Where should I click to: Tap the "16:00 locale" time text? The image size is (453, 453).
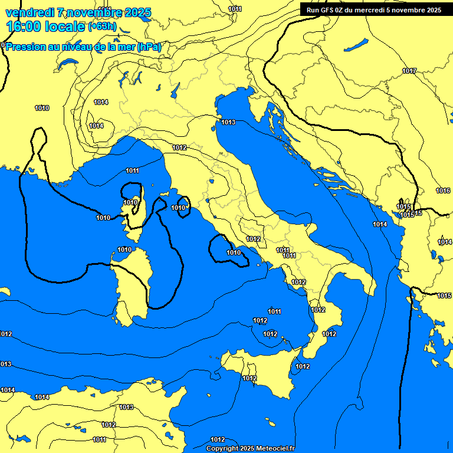(x=45, y=27)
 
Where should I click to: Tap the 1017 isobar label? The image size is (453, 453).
(x=409, y=71)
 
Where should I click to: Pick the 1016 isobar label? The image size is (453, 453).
(x=443, y=191)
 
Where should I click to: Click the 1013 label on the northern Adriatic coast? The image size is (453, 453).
(x=228, y=122)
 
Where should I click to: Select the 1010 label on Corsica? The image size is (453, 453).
(x=130, y=202)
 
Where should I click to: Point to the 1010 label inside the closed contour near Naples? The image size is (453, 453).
(x=234, y=252)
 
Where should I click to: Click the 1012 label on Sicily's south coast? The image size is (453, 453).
(x=250, y=378)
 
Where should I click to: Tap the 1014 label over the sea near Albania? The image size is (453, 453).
(x=380, y=224)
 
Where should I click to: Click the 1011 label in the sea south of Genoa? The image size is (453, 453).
(x=132, y=170)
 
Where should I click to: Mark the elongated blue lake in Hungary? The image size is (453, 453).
(x=356, y=45)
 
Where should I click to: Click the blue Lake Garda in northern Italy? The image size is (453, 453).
(x=176, y=90)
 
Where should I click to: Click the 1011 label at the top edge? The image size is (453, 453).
(x=235, y=9)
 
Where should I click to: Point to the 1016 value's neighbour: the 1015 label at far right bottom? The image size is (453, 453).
(x=444, y=296)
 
